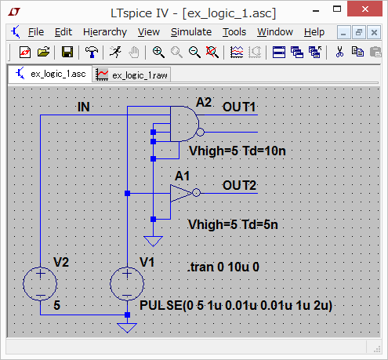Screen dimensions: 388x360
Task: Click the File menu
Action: pyautogui.click(x=36, y=32)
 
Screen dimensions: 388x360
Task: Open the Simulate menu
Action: pyautogui.click(x=191, y=32)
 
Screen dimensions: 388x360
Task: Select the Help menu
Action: pyautogui.click(x=314, y=32)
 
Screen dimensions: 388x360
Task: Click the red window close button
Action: pyautogui.click(x=364, y=9)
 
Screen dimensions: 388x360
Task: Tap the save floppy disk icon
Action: pyautogui.click(x=67, y=52)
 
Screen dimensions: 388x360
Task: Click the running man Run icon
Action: pyautogui.click(x=115, y=52)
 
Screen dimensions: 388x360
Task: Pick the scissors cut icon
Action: pyautogui.click(x=339, y=52)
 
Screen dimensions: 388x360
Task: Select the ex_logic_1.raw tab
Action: pyautogui.click(x=132, y=75)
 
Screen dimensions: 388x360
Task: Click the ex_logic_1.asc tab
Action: pyautogui.click(x=50, y=74)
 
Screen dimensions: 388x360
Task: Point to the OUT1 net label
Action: pyautogui.click(x=239, y=107)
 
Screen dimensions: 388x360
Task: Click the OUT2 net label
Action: pyautogui.click(x=239, y=185)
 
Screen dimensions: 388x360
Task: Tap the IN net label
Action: pyautogui.click(x=84, y=107)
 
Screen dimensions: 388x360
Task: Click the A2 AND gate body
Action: pyautogui.click(x=183, y=124)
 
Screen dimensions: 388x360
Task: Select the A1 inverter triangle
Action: pyautogui.click(x=181, y=193)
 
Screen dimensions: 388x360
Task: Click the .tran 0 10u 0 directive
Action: pyautogui.click(x=223, y=267)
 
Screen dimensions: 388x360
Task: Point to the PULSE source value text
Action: pyautogui.click(x=236, y=305)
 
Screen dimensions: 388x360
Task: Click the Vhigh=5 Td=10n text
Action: pyautogui.click(x=238, y=151)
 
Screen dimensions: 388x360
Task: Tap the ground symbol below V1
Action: pyautogui.click(x=127, y=328)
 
